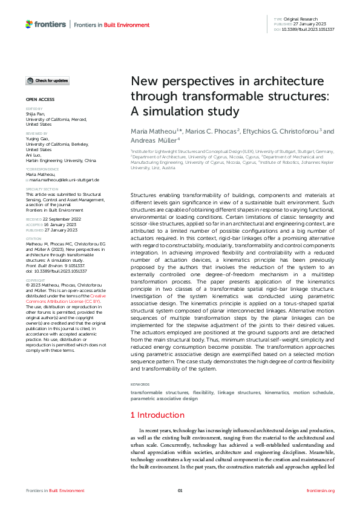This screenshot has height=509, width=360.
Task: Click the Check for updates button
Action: point(47,80)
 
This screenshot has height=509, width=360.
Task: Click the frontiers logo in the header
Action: point(46,24)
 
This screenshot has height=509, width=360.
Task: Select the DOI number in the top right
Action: point(309,29)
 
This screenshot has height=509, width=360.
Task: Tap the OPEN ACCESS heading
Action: point(40,99)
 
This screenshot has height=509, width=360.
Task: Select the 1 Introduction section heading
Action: point(157,415)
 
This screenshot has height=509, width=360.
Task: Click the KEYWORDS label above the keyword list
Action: point(141,384)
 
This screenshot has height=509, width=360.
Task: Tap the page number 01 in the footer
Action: point(180,490)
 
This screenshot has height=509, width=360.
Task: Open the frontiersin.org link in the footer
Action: point(321,490)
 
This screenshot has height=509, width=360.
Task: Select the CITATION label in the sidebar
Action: point(32,239)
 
